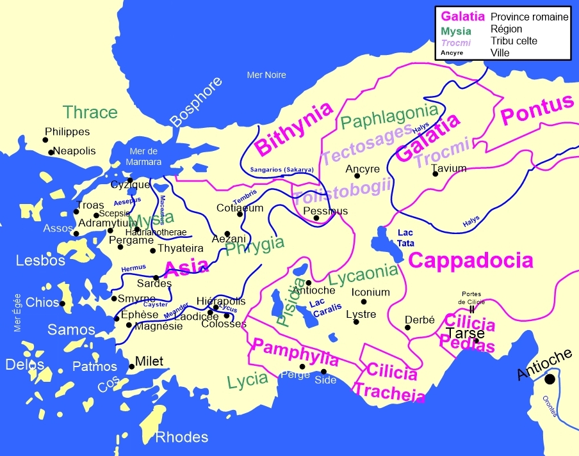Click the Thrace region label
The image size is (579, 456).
tap(90, 113)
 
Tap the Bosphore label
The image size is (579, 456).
tap(197, 102)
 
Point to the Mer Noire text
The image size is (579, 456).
tap(266, 75)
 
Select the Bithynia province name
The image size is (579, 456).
tap(294, 128)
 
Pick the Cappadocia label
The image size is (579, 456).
tap(471, 260)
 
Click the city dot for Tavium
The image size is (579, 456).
tap(436, 173)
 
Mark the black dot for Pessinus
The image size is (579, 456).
tap(316, 218)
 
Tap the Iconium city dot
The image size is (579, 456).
tap(364, 301)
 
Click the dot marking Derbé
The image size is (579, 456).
tap(407, 327)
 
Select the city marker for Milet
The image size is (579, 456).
tap(132, 366)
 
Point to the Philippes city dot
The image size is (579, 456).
tap(46, 139)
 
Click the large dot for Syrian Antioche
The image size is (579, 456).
tap(550, 379)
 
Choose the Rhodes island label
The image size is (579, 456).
tap(182, 437)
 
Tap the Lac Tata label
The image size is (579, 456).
tap(406, 237)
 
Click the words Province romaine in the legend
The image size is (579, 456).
tap(529, 17)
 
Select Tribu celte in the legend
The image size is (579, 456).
tap(514, 41)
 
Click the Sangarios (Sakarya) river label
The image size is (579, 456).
tap(282, 169)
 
